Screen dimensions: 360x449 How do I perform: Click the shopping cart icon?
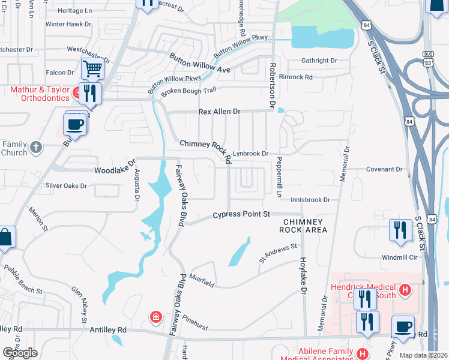(x=92, y=69)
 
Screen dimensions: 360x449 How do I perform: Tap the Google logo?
(x=20, y=353)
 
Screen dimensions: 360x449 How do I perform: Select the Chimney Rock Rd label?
(x=206, y=149)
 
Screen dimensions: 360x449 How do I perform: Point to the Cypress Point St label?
(x=242, y=214)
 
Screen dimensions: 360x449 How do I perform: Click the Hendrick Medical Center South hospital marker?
(x=405, y=290)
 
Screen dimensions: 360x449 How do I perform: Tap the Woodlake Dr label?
(x=114, y=170)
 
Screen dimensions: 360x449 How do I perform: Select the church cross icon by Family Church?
(x=35, y=146)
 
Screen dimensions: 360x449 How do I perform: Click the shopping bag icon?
(x=5, y=237)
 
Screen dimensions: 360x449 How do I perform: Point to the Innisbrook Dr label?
(x=310, y=199)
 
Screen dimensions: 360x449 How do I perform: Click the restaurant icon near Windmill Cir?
(x=400, y=230)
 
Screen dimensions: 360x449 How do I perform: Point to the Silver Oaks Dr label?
(x=67, y=186)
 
